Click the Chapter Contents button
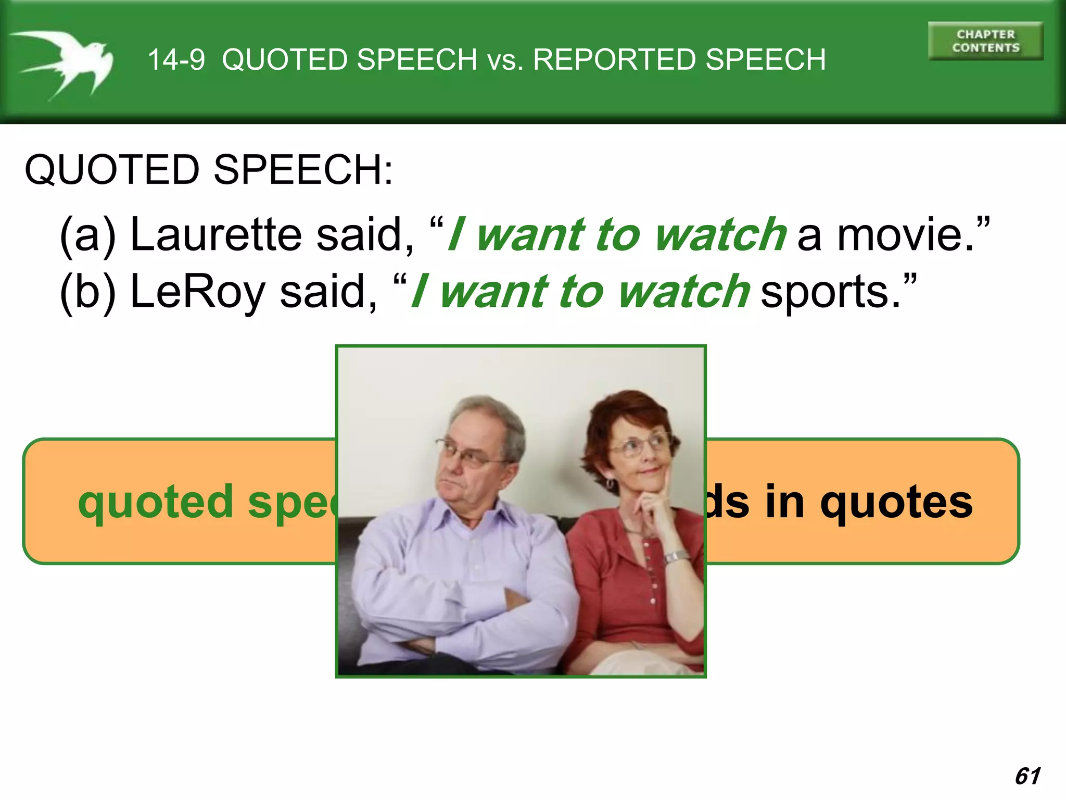pos(985,41)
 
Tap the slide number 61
pos(1027,776)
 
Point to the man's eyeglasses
pos(471,453)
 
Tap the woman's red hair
pos(625,411)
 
